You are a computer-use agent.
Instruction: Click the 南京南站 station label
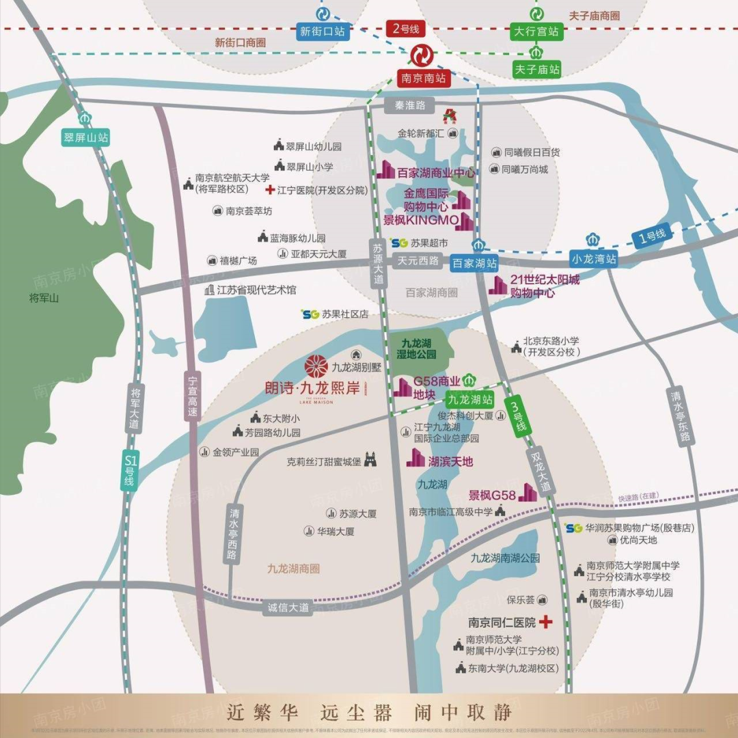click(x=423, y=78)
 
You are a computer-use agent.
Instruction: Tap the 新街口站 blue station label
click(x=322, y=31)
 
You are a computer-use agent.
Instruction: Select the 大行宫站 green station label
click(x=536, y=31)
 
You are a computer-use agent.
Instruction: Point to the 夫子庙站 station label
click(x=537, y=69)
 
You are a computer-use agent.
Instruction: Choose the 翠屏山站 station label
click(x=86, y=137)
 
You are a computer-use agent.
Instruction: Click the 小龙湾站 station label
click(x=594, y=259)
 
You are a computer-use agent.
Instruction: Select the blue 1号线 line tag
click(x=651, y=236)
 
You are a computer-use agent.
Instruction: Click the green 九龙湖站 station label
click(x=469, y=398)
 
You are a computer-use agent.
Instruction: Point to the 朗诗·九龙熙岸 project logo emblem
click(x=316, y=367)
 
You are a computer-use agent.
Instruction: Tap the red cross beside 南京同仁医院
click(x=545, y=623)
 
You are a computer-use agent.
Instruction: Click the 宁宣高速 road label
click(x=192, y=396)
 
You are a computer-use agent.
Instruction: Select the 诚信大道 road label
click(x=288, y=607)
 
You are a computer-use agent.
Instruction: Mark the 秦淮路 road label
click(x=410, y=105)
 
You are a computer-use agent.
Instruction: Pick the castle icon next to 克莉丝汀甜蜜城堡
click(x=370, y=460)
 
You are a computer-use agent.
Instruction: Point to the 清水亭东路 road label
click(x=681, y=417)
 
